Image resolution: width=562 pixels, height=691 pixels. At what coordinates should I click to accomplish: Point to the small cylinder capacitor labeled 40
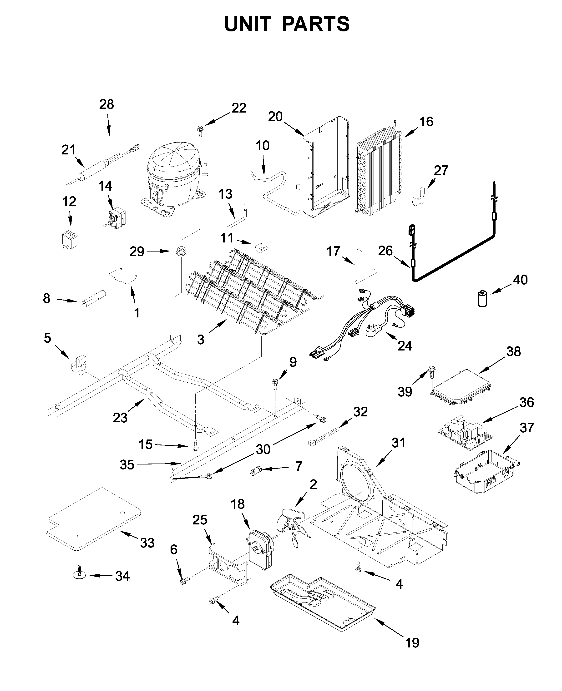point(482,298)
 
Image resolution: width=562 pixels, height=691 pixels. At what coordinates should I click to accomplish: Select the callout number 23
point(120,418)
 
